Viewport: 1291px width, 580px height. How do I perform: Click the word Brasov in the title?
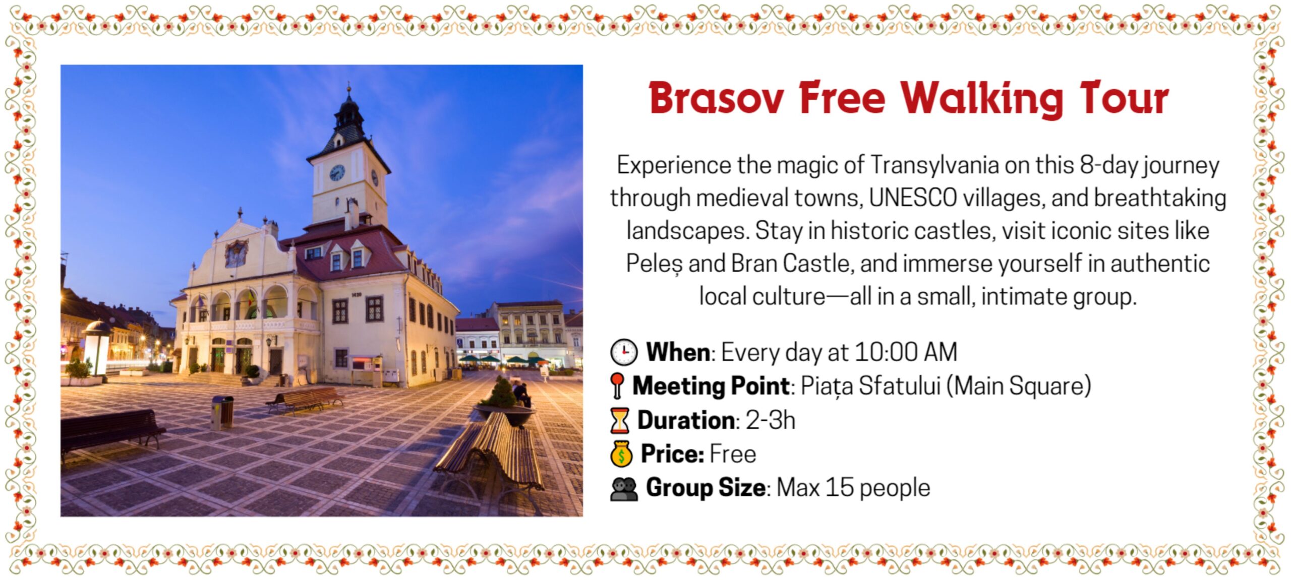click(716, 98)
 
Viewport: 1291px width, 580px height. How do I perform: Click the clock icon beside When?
click(624, 352)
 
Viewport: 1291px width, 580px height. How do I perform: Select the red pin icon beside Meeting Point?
click(617, 385)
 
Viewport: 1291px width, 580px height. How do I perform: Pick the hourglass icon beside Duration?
click(620, 420)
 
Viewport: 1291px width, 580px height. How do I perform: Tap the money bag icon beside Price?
click(621, 454)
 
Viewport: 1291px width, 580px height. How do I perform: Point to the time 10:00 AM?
click(906, 352)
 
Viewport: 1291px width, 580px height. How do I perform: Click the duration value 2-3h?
click(770, 420)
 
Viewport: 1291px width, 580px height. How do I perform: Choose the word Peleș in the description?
click(654, 264)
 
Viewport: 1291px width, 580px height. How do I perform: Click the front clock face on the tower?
click(337, 172)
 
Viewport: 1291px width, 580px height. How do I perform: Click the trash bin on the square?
click(222, 412)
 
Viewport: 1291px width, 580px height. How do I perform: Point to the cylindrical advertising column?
click(97, 348)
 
